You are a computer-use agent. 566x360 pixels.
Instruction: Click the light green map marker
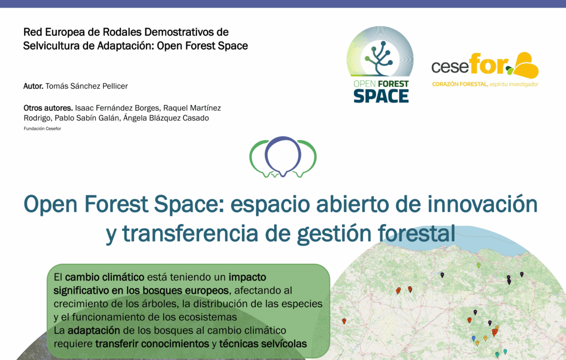click(479, 265)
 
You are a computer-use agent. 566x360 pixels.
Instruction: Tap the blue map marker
click(474, 338)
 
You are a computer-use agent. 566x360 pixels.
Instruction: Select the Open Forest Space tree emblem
click(380, 59)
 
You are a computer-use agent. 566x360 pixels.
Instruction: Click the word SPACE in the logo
click(381, 96)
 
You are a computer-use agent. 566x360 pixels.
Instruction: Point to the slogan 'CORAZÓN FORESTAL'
click(460, 84)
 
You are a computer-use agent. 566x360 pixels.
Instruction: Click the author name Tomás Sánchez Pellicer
click(87, 86)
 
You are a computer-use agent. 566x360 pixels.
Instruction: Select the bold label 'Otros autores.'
click(48, 108)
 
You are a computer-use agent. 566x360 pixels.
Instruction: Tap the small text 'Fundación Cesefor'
click(42, 129)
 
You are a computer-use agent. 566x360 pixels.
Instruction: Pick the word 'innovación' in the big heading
click(483, 204)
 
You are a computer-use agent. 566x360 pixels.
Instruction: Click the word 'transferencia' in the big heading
click(190, 234)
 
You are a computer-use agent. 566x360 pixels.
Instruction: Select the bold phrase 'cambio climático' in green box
click(105, 277)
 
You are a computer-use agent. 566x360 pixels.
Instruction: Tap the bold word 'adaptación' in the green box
click(94, 331)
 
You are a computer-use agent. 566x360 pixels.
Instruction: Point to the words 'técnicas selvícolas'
click(263, 344)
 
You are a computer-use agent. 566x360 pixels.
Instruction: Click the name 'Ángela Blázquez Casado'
click(166, 118)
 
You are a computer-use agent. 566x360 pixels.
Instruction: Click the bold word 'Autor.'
click(33, 86)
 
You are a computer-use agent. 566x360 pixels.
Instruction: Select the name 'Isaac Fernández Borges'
click(117, 108)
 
